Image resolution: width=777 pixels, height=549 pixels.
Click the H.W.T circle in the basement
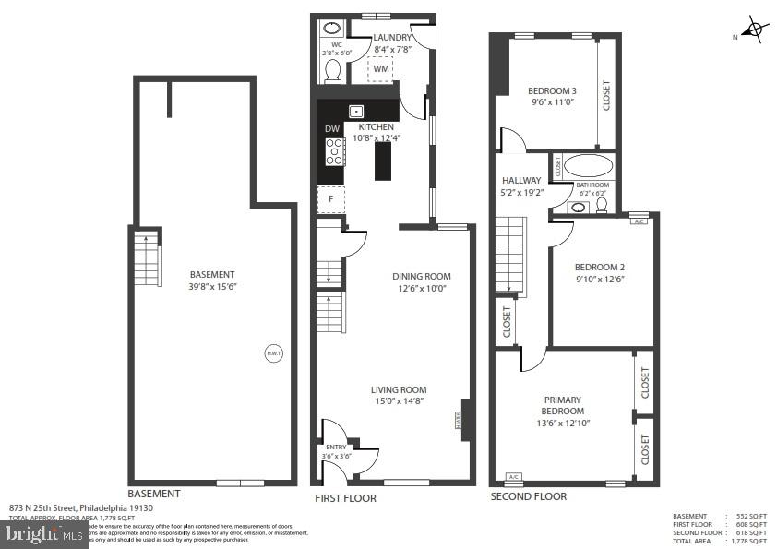[x=274, y=354]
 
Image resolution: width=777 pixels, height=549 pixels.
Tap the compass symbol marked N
[x=755, y=30]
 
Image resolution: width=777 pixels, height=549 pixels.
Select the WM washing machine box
[x=381, y=68]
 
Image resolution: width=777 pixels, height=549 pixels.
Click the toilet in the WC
[x=334, y=69]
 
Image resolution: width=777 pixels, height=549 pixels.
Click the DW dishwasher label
[x=331, y=129]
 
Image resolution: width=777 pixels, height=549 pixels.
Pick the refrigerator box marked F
[x=330, y=199]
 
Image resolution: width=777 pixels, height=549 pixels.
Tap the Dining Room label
[x=421, y=276]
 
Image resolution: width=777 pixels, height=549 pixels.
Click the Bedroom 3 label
[x=552, y=90]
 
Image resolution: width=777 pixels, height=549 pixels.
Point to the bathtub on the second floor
[x=588, y=167]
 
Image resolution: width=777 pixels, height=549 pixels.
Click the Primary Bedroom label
[x=563, y=405]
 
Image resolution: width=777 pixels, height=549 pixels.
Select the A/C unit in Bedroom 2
[x=639, y=221]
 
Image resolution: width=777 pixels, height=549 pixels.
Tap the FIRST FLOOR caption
[x=345, y=498]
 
